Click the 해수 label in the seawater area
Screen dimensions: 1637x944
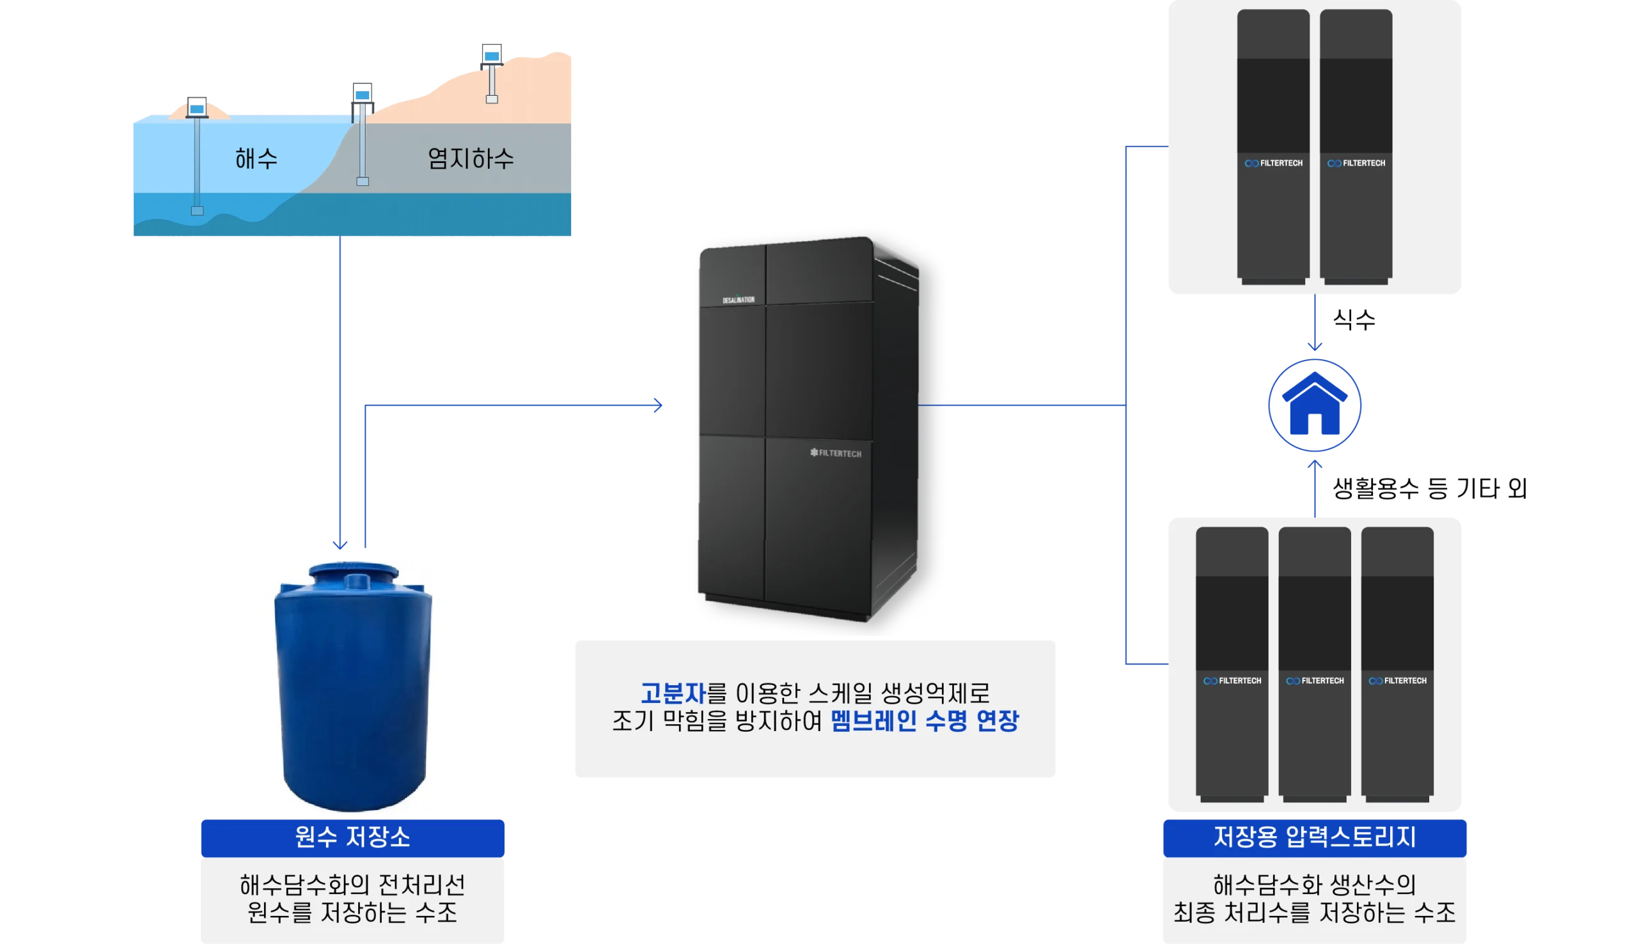coord(256,159)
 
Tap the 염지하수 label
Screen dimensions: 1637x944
coord(470,159)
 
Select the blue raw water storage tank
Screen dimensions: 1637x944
coord(353,686)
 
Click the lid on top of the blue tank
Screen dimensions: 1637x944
coord(354,573)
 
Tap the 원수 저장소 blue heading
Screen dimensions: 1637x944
coord(352,837)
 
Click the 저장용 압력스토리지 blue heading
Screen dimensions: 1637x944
coord(1314,837)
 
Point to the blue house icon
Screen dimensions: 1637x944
coord(1314,405)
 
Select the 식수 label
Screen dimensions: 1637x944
coord(1354,319)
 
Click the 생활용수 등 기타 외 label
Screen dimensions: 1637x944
coord(1429,488)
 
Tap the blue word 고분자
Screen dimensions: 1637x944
coord(673,693)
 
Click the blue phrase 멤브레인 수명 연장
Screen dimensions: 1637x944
coord(925,720)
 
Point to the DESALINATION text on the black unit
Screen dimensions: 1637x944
coord(739,300)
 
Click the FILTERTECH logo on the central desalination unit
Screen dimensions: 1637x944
coord(835,453)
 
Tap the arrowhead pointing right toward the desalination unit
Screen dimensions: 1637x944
coord(658,405)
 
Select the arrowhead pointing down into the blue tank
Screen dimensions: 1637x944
coord(340,545)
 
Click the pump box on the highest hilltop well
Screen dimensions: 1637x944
coord(492,54)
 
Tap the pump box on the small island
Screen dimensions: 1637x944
coord(197,107)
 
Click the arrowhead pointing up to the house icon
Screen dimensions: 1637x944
coord(1315,464)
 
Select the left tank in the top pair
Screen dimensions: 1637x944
coord(1273,146)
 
